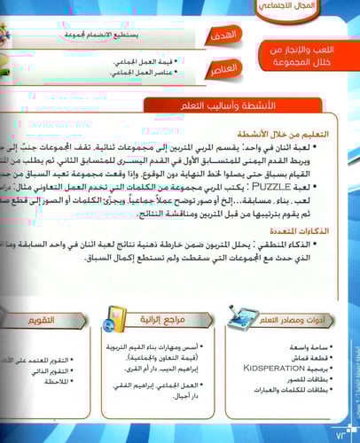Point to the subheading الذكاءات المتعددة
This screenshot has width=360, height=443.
317,230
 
